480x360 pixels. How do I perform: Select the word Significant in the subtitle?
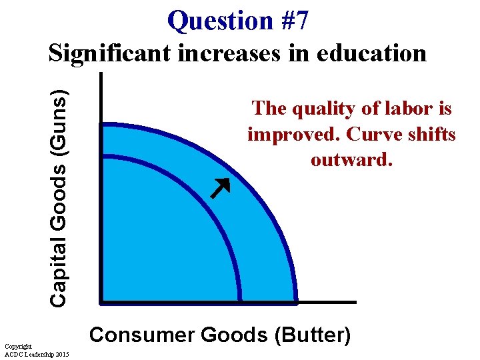click(110, 53)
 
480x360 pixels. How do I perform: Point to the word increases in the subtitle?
click(229, 53)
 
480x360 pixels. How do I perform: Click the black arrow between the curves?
click(219, 189)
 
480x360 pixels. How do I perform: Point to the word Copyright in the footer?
click(18, 347)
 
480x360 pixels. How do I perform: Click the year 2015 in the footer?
click(65, 354)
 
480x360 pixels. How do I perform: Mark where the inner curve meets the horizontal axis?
click(241, 301)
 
